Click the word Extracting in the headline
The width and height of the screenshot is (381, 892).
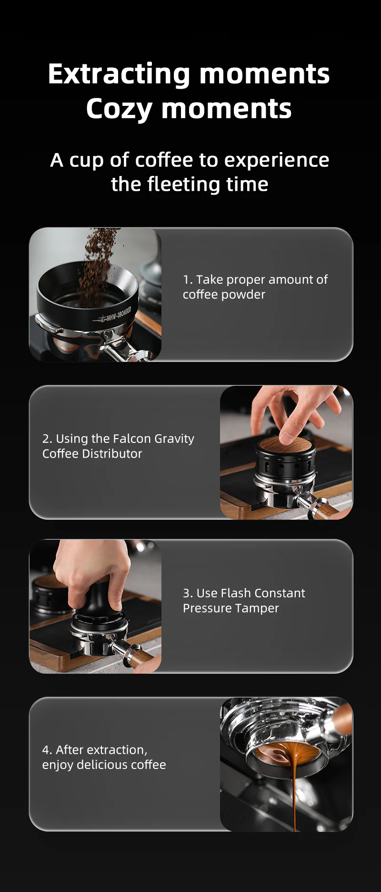coord(119,74)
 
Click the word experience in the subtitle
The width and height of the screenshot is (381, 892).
coord(277,160)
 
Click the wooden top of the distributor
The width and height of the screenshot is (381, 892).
coord(285,445)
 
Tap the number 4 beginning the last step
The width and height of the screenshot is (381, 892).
coord(46,750)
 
